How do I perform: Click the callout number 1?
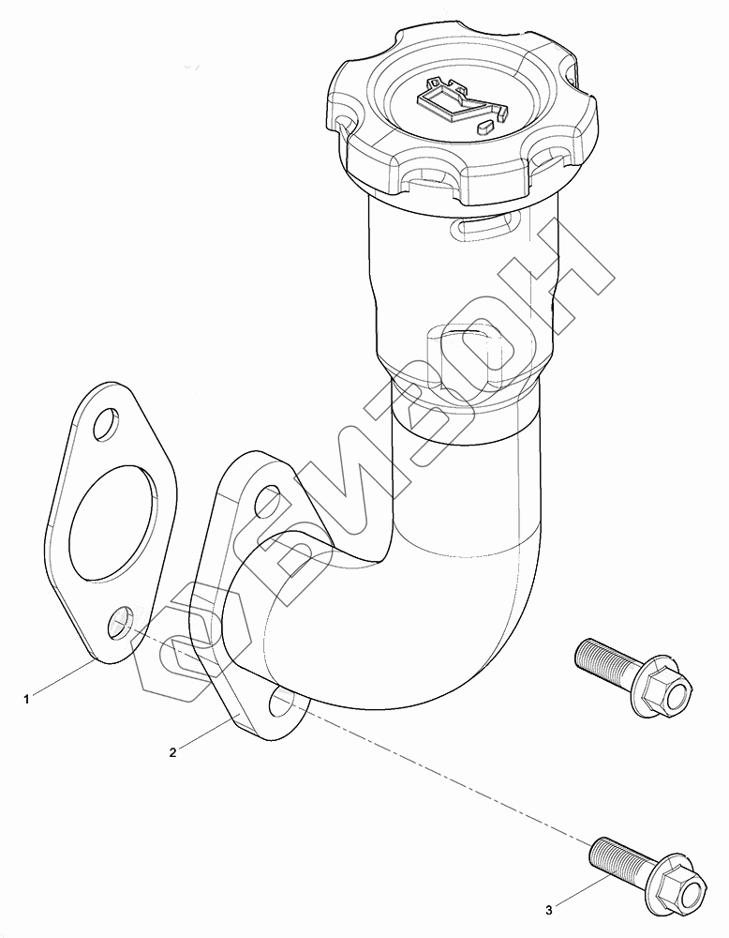coord(26,699)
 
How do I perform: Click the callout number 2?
coord(172,752)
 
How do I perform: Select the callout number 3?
coord(549,911)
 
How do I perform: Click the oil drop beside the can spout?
coord(485,127)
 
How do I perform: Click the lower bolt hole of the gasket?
coord(121,622)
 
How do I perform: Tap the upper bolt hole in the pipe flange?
coord(268,502)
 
